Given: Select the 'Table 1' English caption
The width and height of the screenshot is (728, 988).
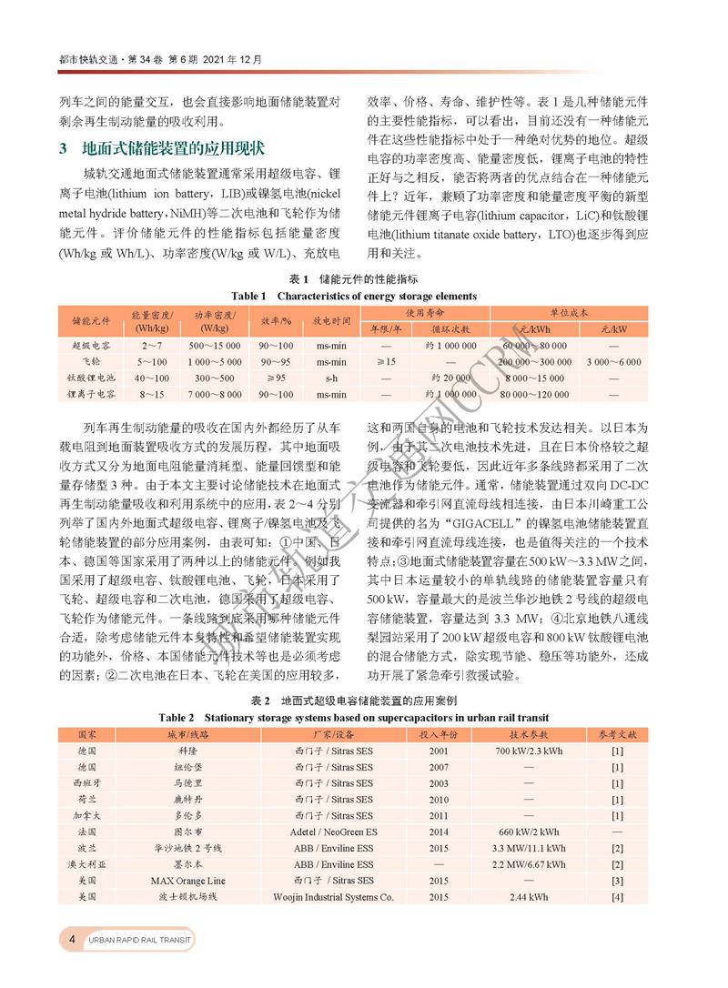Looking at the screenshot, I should [353, 296].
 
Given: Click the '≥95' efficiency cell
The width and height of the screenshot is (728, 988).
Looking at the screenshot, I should [275, 378].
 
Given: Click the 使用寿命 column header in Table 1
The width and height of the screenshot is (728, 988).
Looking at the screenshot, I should [425, 312].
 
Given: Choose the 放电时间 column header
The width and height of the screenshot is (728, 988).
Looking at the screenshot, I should [331, 320].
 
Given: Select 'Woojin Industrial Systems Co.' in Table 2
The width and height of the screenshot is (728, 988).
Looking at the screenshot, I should [333, 897].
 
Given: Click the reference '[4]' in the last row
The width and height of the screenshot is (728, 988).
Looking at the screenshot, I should [617, 897].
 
